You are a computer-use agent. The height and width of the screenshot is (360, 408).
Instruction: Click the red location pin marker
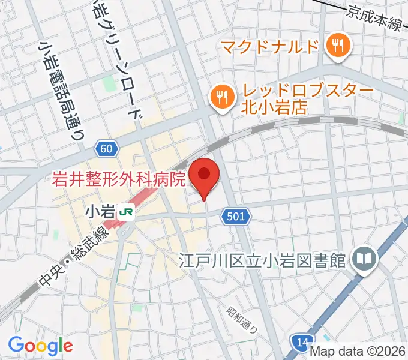(x=205, y=175)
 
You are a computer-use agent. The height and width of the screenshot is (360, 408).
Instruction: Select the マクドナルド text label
(x=268, y=46)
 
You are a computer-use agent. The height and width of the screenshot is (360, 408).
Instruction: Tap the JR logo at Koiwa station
(x=126, y=211)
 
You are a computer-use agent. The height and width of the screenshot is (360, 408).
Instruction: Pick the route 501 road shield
(x=236, y=216)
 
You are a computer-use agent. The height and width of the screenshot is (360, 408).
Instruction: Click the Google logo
(x=40, y=346)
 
